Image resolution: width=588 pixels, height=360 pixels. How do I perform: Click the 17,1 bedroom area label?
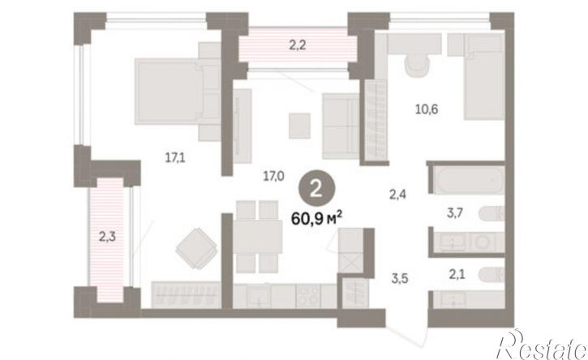pos(175,157)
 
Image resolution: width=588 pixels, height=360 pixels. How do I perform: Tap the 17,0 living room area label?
pos(273,175)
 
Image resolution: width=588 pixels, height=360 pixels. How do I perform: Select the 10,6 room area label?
pos(427,109)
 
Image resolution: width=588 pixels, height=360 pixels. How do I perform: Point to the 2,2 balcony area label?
pos(298,45)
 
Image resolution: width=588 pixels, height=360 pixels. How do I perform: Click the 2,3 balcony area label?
pos(107,237)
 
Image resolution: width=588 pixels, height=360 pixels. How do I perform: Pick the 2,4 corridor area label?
pos(397,195)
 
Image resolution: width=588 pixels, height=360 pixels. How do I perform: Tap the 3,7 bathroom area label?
pos(455,213)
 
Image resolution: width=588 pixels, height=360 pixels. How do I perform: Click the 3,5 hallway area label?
pos(399,279)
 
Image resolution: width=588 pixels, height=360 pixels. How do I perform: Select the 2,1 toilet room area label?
pos(457,275)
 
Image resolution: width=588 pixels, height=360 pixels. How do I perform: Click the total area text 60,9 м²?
pos(316,218)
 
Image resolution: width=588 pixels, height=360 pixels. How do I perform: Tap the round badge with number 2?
pos(316,190)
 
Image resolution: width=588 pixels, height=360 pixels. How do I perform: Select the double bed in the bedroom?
pos(178,91)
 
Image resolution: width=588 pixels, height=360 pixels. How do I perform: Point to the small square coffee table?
pos(299,126)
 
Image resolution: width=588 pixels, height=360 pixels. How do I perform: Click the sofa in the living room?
pos(341,126)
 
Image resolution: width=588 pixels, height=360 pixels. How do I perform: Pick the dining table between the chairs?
pos(258,237)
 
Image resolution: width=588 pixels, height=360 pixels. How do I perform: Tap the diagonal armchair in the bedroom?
pos(197,248)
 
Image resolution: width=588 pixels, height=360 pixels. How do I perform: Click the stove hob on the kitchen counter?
pos(308,296)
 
